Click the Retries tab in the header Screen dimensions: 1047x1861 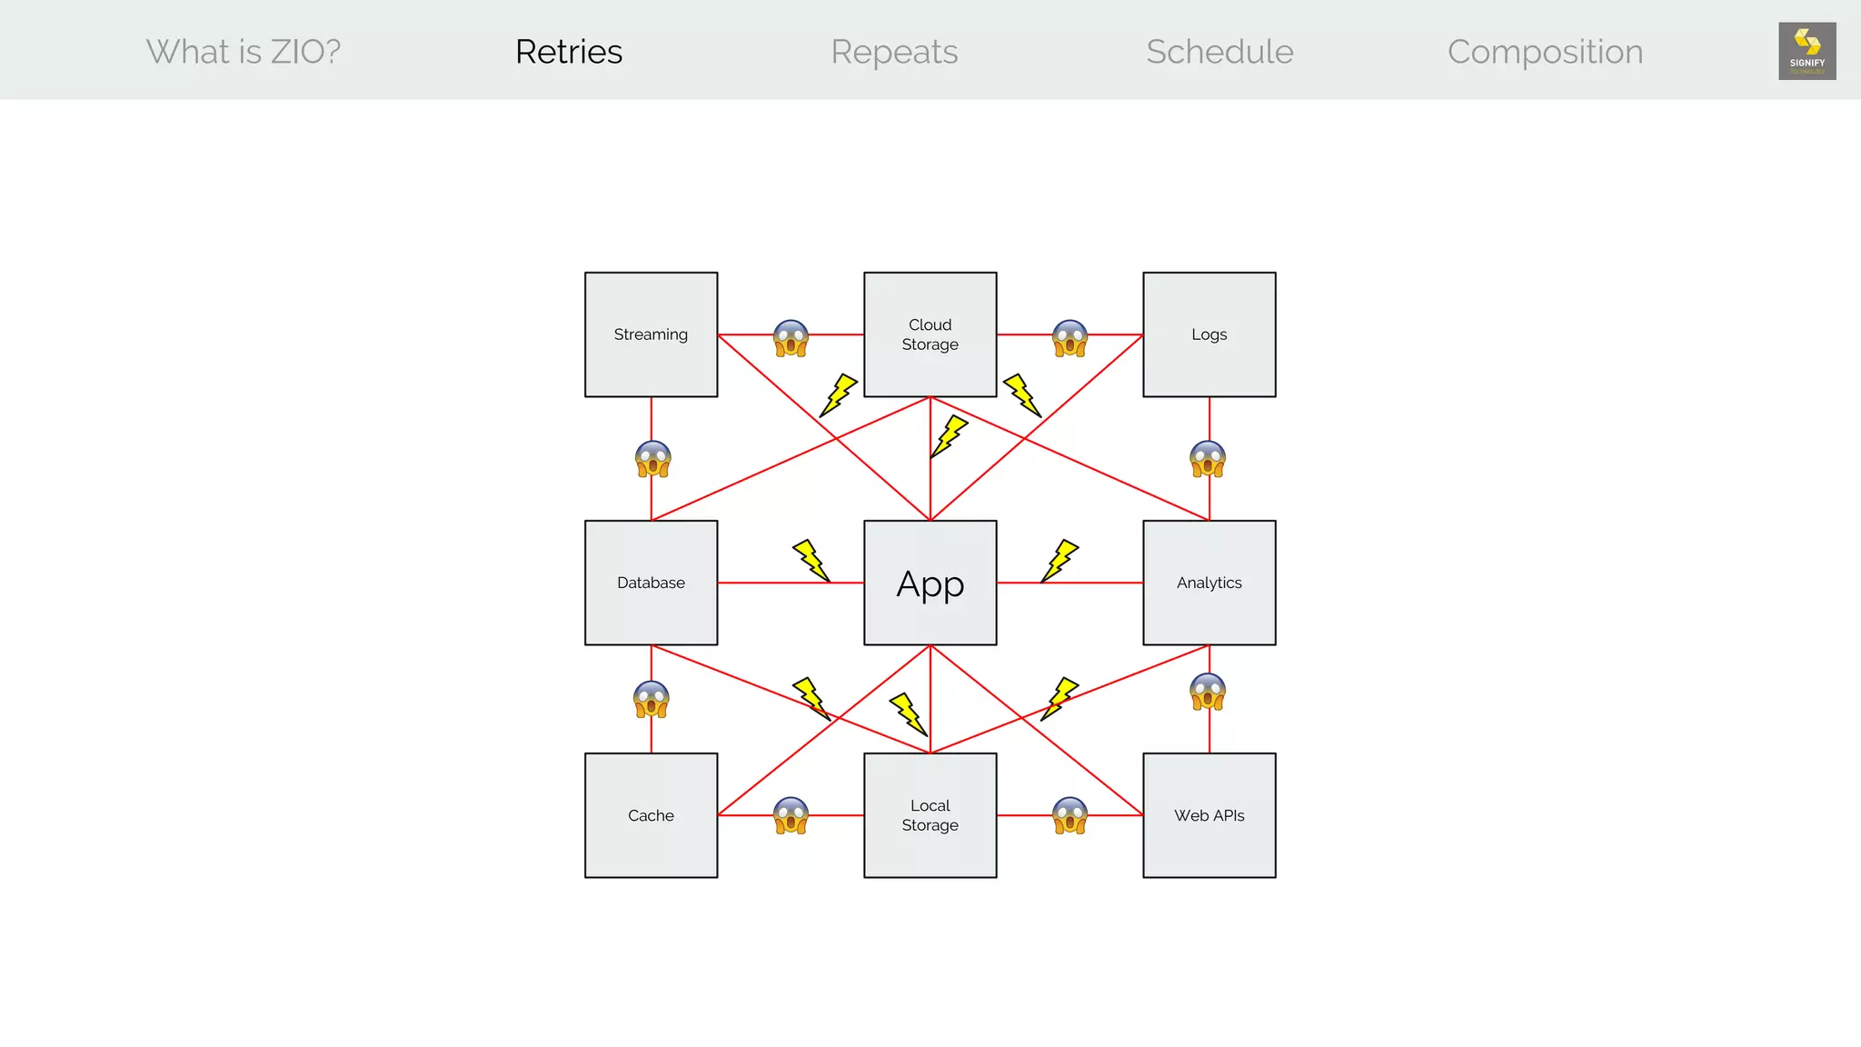point(569,52)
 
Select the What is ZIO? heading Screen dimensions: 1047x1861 point(244,52)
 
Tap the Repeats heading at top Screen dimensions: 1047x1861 point(894,52)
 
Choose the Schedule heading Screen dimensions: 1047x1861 point(1219,52)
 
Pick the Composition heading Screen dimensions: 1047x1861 point(1545,52)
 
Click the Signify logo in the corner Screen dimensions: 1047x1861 point(1806,51)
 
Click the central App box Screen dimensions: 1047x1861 point(930,583)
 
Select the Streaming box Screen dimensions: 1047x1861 point(651,334)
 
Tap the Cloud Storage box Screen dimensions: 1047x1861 point(930,334)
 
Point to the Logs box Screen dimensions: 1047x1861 point(1209,334)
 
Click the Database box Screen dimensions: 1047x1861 point(651,583)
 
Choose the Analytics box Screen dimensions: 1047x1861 point(1209,583)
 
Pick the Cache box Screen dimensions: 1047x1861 point(651,815)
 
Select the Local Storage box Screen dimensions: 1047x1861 point(930,815)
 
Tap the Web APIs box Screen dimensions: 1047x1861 point(1209,815)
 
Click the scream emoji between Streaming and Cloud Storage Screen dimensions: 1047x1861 point(791,338)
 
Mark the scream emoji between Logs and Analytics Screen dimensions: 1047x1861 point(1208,459)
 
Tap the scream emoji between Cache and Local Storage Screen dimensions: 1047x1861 point(791,815)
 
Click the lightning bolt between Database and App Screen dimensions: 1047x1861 point(811,561)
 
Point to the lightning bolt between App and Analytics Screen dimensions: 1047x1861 point(1060,561)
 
